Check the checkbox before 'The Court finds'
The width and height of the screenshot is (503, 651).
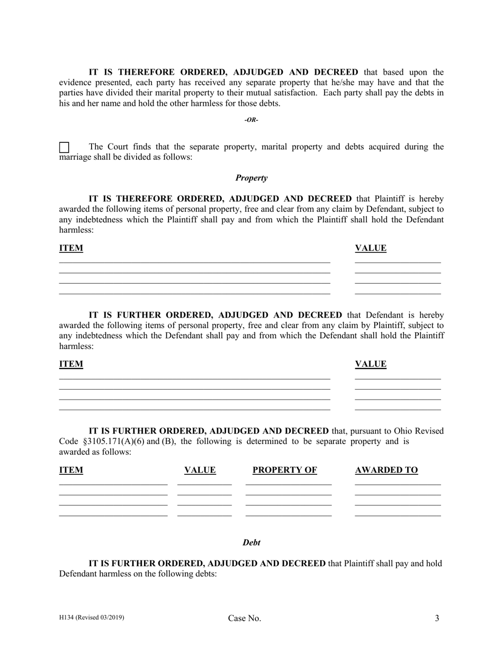point(64,148)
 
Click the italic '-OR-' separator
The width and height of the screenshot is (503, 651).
point(251,120)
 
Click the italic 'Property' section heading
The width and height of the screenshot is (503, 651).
point(251,178)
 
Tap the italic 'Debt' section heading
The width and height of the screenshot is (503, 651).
point(251,542)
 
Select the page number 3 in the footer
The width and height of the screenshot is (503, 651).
point(437,618)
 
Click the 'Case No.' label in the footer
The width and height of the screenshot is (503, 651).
point(245,618)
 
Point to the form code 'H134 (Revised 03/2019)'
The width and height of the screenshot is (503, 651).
point(92,617)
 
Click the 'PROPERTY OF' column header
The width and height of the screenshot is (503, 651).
point(285,470)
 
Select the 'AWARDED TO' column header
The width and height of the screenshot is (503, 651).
point(387,470)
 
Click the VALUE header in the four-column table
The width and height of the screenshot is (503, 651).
point(200,470)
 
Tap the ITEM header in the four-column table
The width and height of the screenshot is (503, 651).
point(71,470)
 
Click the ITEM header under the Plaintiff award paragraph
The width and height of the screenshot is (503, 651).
point(71,248)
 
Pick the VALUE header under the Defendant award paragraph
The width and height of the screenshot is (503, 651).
point(371,364)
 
